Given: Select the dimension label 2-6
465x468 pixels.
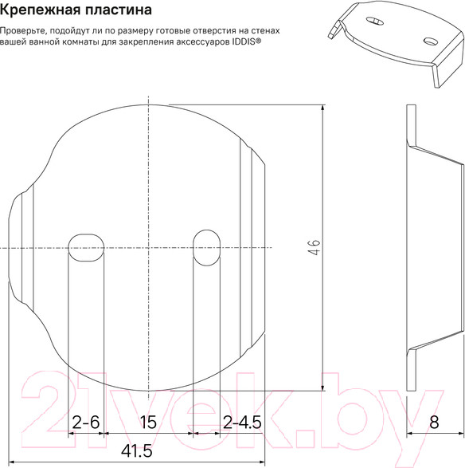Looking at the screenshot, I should click(85, 423).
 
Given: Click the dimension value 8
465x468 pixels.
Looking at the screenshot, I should click(434, 423).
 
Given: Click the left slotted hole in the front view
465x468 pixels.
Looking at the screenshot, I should click(85, 247).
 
